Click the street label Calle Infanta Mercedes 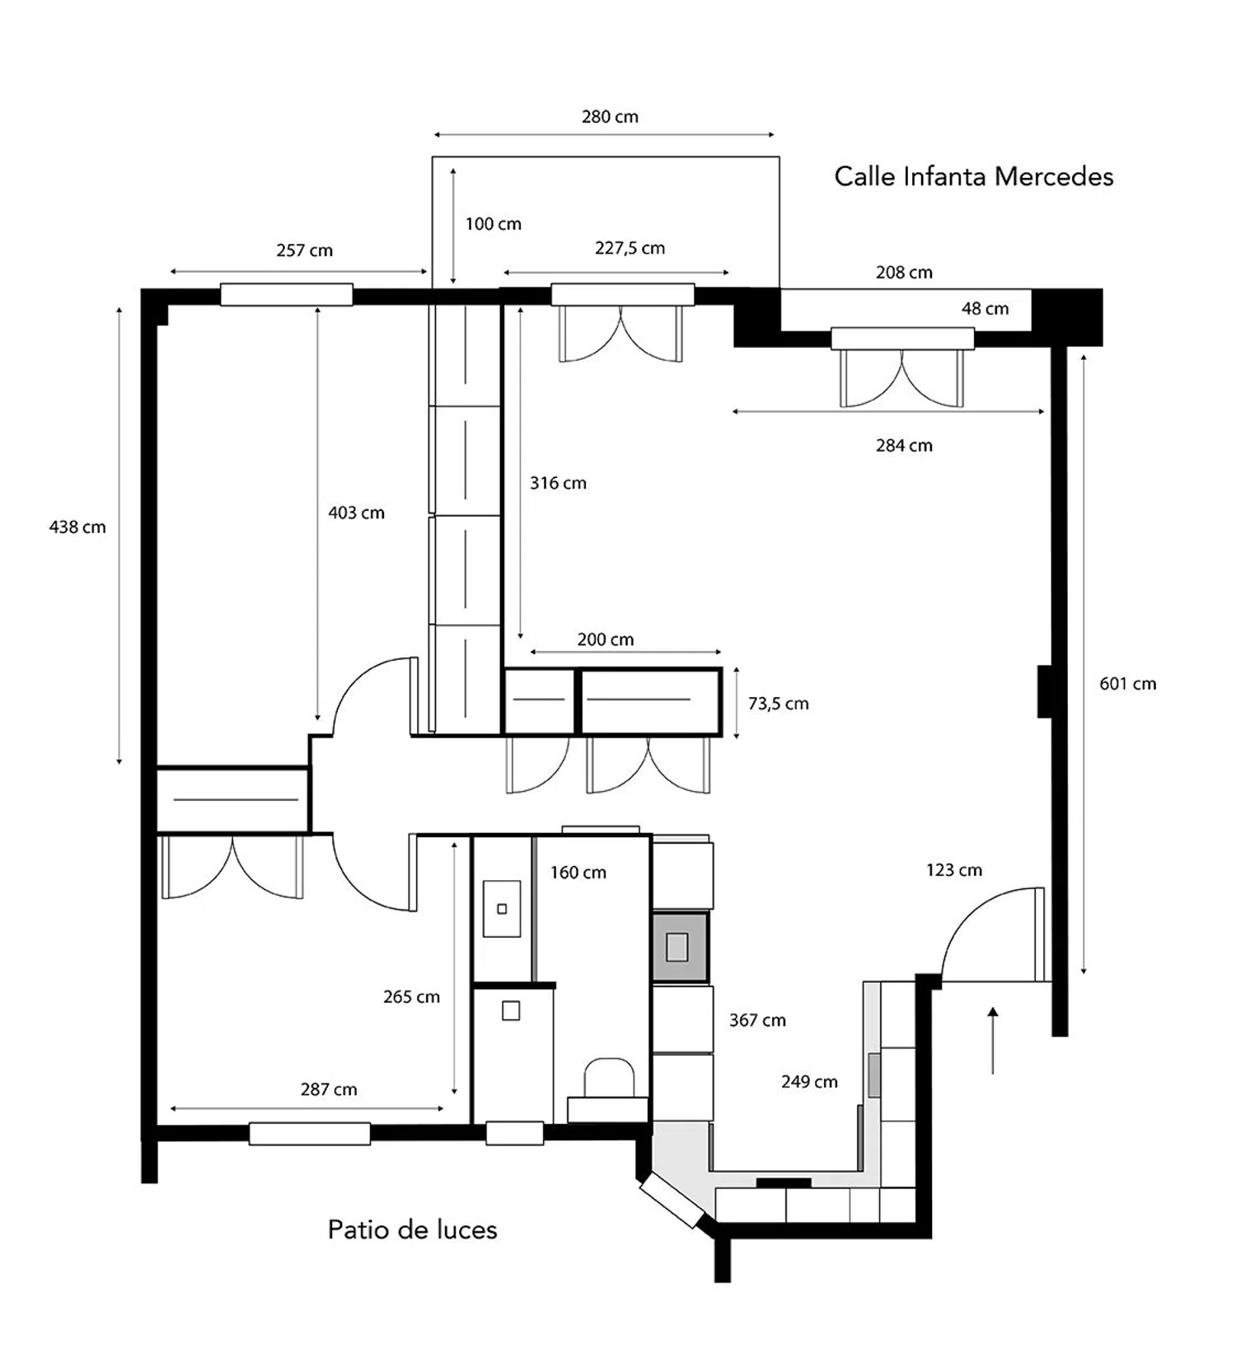[x=973, y=176]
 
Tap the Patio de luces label [x=412, y=1229]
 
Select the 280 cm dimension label [x=610, y=117]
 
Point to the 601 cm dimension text [x=1127, y=684]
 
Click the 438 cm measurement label [x=77, y=527]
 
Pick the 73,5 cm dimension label [x=778, y=704]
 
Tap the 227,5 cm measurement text [x=630, y=248]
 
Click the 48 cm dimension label [x=985, y=309]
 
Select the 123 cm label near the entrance [x=953, y=870]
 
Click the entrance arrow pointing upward [x=993, y=1040]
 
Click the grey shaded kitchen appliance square [x=680, y=947]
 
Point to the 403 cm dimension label [x=356, y=513]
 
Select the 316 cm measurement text [x=558, y=483]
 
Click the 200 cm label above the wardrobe [x=605, y=639]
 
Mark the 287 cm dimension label [x=329, y=1089]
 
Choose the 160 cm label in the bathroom [x=578, y=873]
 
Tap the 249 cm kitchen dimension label [x=809, y=1082]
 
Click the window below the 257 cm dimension [x=286, y=294]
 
